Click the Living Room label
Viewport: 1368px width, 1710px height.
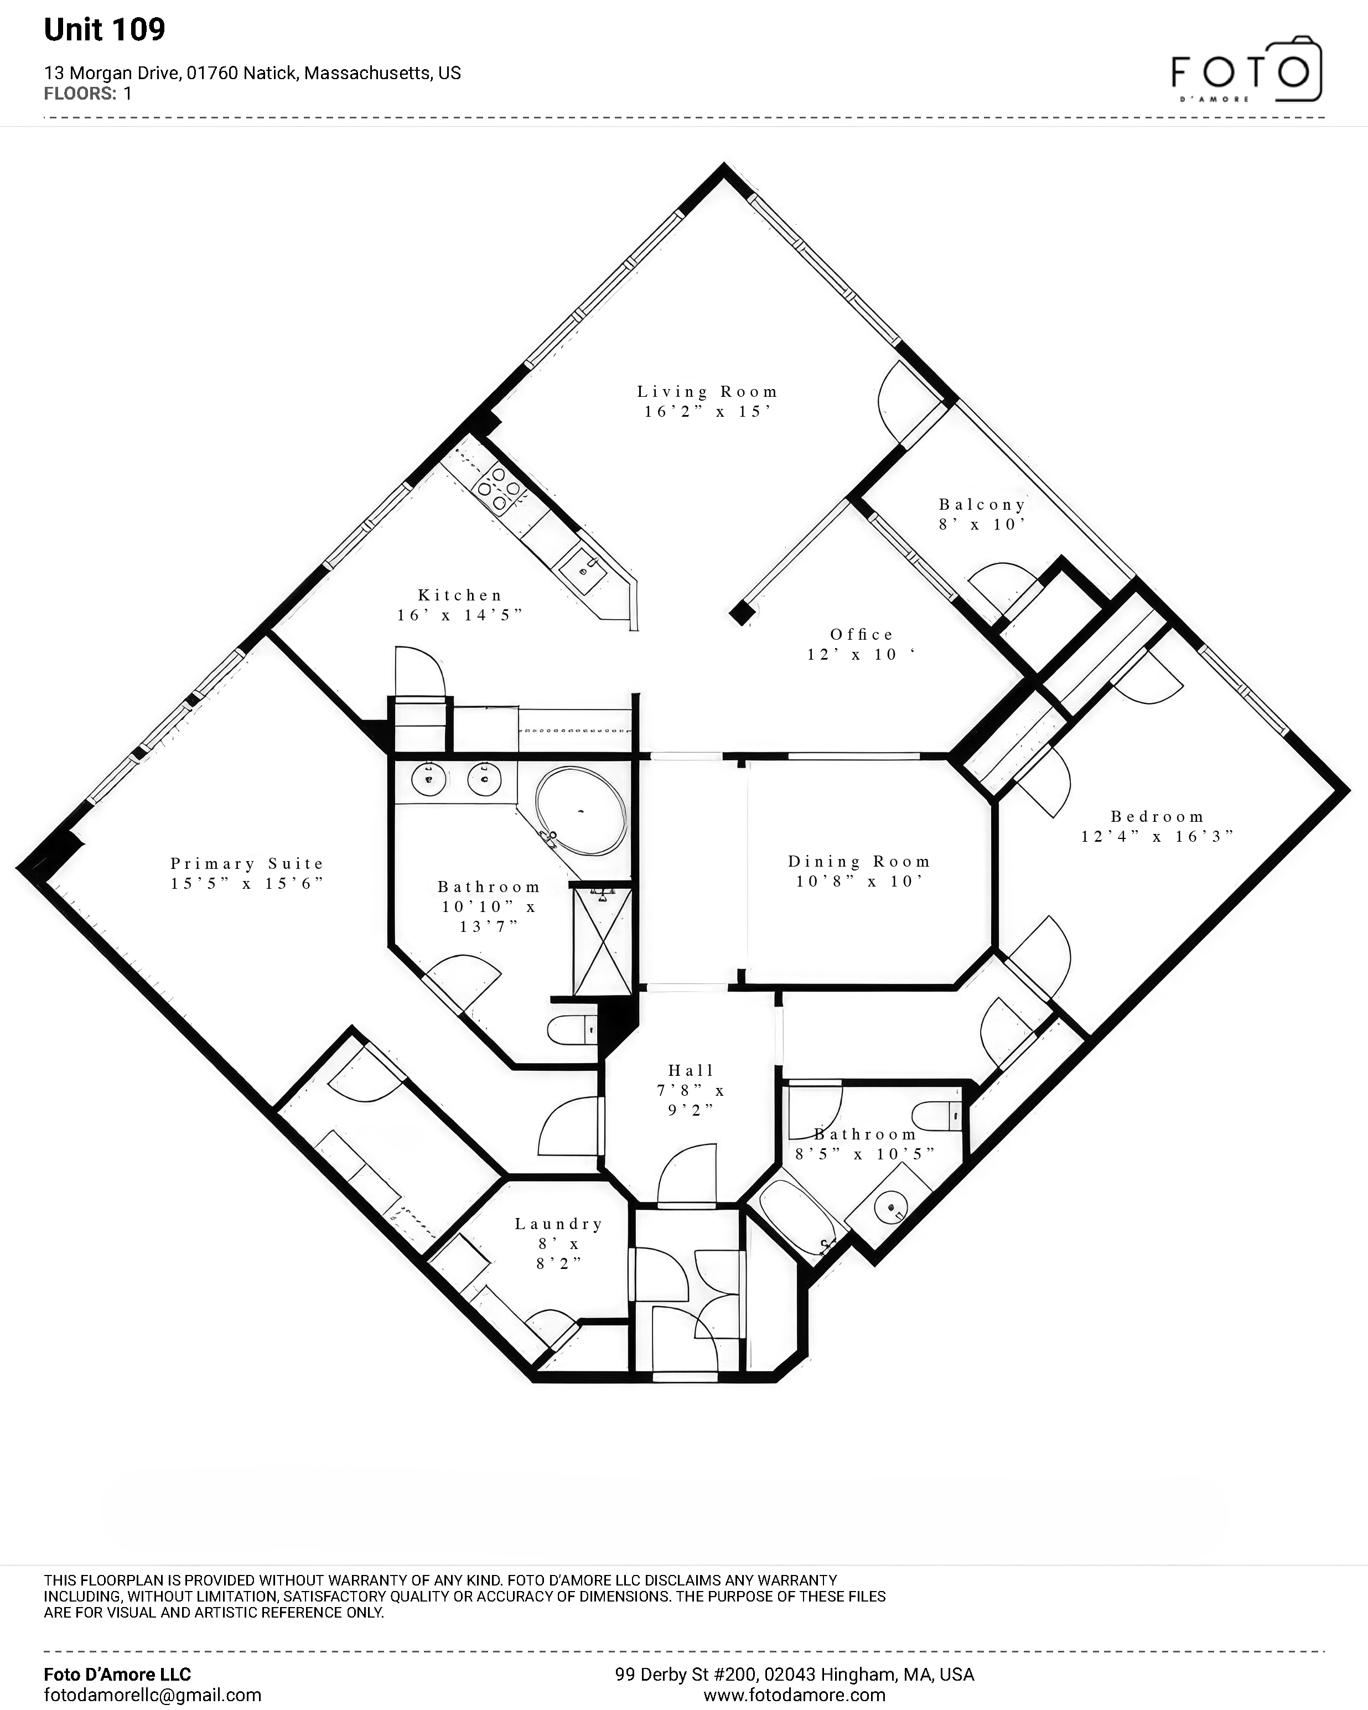pos(707,391)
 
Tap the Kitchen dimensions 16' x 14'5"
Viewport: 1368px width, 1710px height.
pos(460,615)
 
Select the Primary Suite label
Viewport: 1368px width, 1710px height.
pos(247,863)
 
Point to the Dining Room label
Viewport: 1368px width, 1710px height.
pos(859,861)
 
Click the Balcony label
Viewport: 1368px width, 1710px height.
pos(983,505)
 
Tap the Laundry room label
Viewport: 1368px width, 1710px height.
pos(559,1224)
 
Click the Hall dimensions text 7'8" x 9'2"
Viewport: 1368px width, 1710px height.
pos(691,1100)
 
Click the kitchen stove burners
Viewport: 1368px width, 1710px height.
pos(498,488)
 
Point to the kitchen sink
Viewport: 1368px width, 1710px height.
pos(584,568)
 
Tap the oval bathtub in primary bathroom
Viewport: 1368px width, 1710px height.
pos(581,810)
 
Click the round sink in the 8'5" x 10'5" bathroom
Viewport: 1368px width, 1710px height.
pos(892,1209)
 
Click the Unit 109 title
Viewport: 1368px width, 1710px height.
pos(105,29)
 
